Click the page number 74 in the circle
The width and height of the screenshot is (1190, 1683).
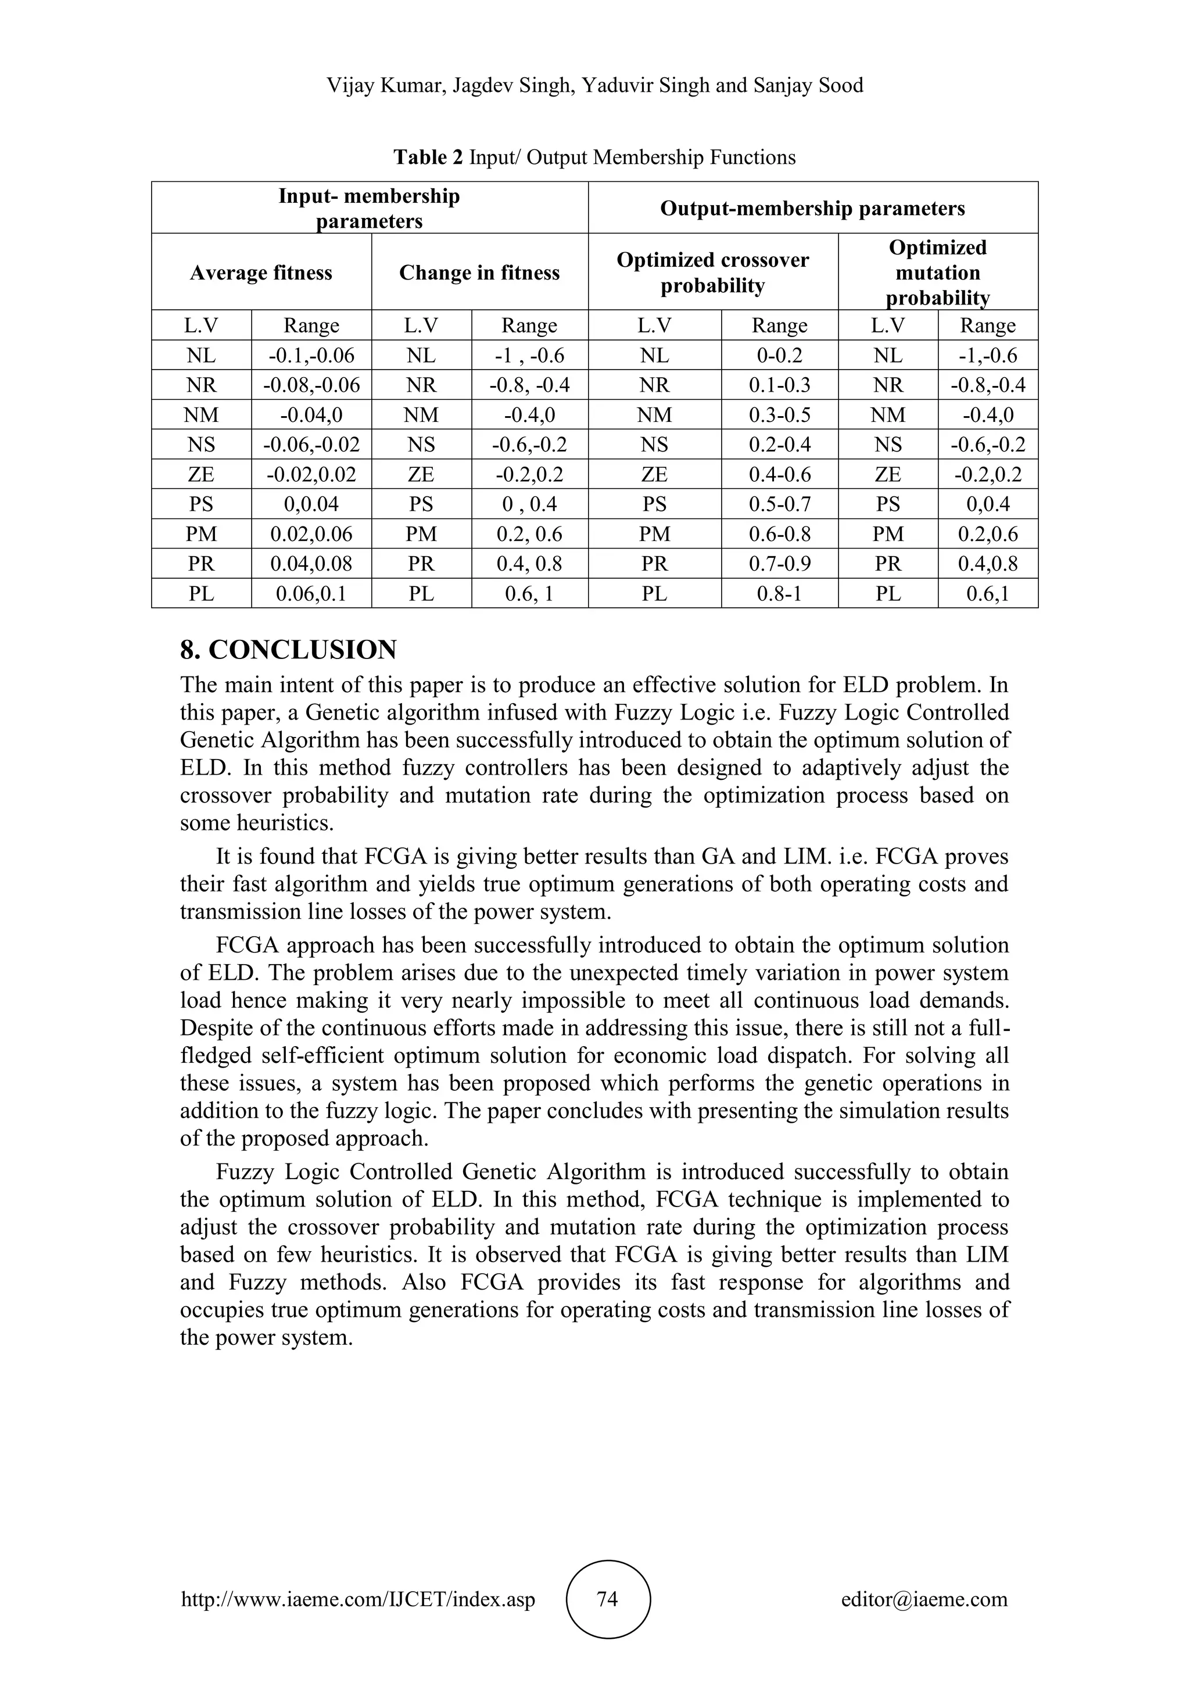coord(607,1599)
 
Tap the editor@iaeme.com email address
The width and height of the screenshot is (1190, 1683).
coord(924,1599)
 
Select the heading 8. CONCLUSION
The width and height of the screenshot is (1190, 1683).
coord(288,650)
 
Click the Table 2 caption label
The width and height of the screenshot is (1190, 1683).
coord(428,157)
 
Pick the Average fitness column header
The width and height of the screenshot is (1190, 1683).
coord(261,273)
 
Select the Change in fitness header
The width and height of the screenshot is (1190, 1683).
coord(479,273)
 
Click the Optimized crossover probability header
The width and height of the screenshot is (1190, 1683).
coord(712,273)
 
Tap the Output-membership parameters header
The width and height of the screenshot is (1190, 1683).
coord(813,208)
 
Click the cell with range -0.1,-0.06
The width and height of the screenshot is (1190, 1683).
coord(311,356)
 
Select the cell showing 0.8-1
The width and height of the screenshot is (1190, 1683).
coord(779,593)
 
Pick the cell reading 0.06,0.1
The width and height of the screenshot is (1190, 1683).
coord(311,593)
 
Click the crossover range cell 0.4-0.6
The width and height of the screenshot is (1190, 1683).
coord(779,474)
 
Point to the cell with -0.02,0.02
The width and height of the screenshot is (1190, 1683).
coord(311,474)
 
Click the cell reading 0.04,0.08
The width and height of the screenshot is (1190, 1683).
coord(311,564)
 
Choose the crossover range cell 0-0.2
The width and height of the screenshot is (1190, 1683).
coord(779,356)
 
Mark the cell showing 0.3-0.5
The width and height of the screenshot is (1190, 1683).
coord(779,415)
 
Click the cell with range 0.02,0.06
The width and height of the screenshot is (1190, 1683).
coord(311,533)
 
